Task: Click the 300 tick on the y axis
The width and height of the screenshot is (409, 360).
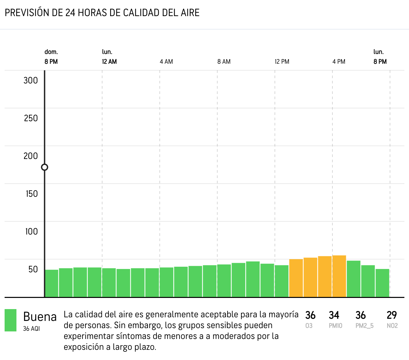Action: point(31,80)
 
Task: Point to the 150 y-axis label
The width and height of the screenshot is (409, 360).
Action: point(32,194)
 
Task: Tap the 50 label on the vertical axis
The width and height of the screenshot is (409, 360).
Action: point(33,269)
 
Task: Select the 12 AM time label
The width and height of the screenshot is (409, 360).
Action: point(109,62)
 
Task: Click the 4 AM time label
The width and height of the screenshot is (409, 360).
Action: point(166,62)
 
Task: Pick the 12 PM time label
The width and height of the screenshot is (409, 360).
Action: point(282,62)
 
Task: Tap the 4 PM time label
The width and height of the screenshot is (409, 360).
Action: point(339,62)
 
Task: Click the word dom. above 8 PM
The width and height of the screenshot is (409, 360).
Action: point(51,52)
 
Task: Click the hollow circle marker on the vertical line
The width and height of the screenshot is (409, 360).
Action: point(45,167)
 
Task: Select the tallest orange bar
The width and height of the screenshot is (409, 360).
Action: point(339,276)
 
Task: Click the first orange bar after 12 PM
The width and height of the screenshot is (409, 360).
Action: point(296,278)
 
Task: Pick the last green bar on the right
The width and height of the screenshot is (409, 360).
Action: point(382,283)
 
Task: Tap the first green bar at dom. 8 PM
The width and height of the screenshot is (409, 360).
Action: point(52,283)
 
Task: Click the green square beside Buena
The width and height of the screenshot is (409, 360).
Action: point(11,320)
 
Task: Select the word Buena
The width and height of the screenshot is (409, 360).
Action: point(40,317)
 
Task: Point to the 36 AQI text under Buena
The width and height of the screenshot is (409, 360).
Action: point(31,328)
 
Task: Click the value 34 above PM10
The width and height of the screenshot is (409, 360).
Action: point(334,315)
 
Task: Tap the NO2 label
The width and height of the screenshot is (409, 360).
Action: point(392,326)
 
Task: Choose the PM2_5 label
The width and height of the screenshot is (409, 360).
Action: point(364,326)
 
